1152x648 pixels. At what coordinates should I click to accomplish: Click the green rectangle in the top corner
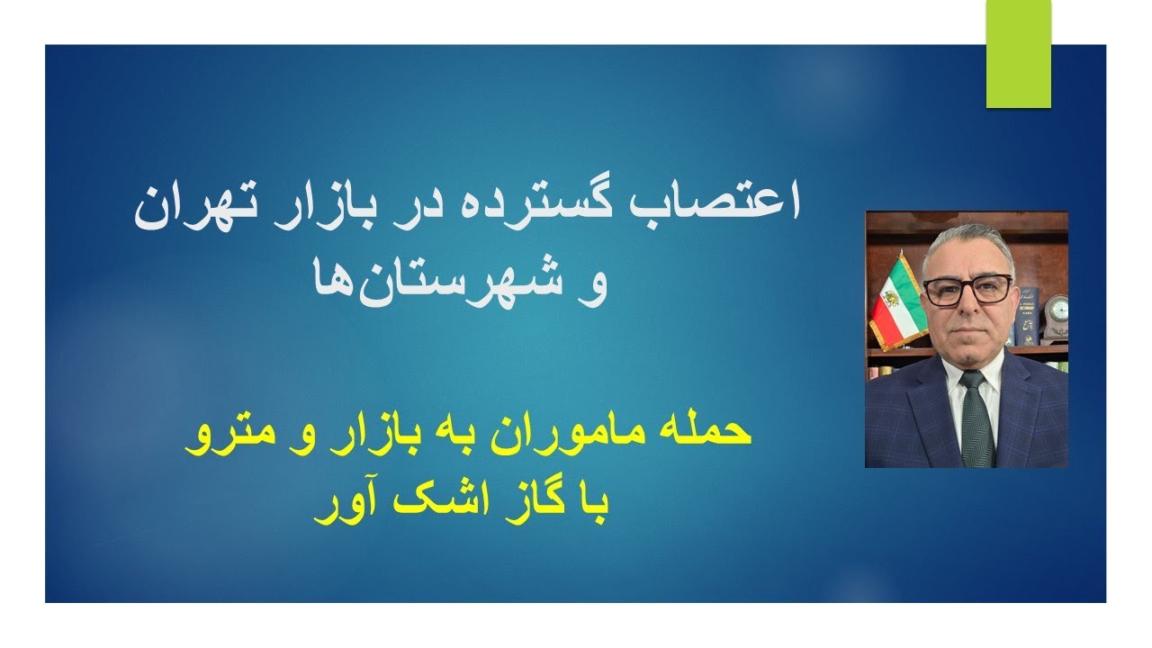click(1018, 54)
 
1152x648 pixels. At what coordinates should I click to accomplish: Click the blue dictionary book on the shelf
click(1026, 315)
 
